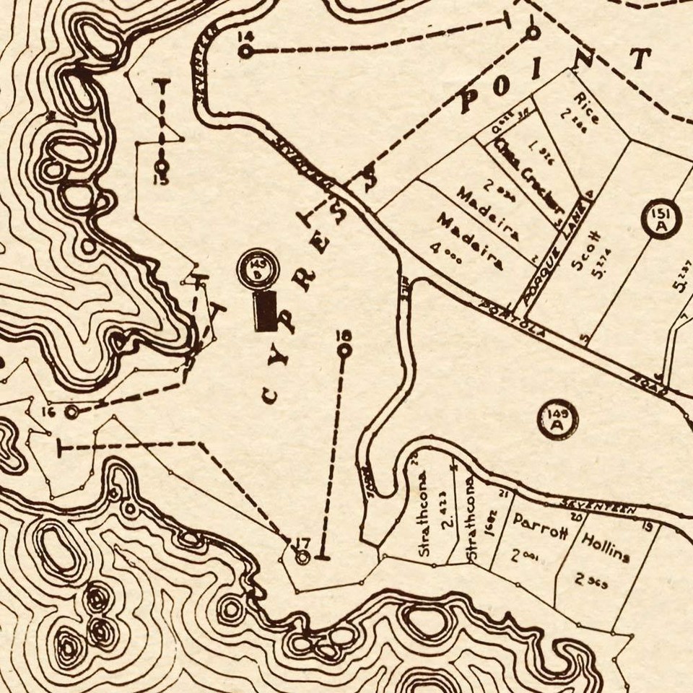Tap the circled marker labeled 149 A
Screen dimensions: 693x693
click(x=557, y=419)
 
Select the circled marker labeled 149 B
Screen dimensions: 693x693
click(x=257, y=269)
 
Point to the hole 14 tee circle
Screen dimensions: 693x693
click(x=245, y=51)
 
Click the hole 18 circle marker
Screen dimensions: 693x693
click(x=344, y=350)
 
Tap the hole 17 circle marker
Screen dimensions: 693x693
click(x=303, y=557)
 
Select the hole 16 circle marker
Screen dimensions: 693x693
click(x=71, y=412)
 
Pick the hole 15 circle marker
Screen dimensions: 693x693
click(x=162, y=165)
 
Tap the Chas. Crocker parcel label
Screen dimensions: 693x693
click(x=531, y=176)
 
